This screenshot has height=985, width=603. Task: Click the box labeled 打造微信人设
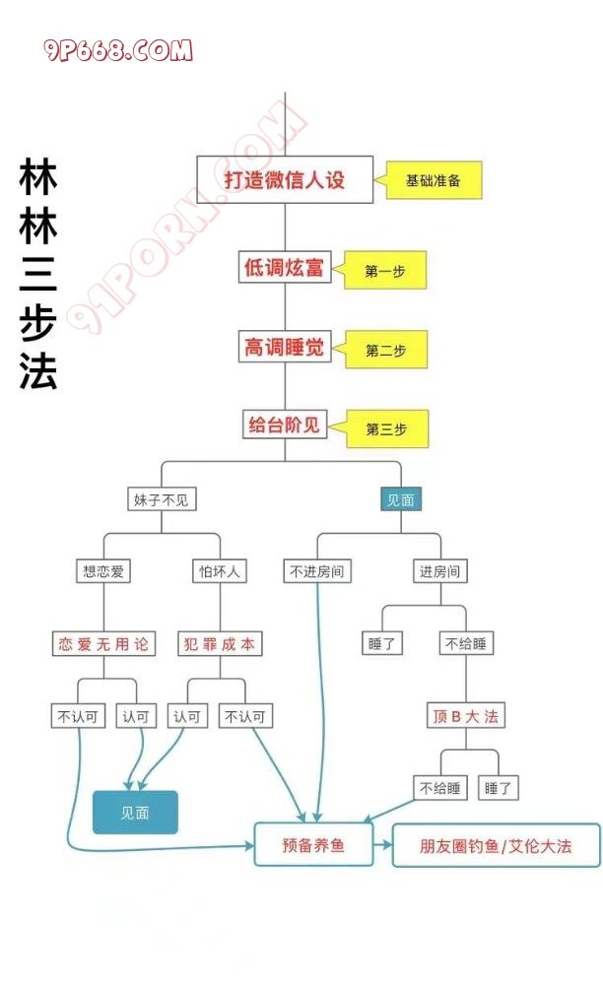click(285, 180)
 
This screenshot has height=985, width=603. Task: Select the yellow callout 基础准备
click(435, 181)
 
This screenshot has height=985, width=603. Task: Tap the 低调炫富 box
click(285, 267)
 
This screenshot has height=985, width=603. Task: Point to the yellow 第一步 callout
click(386, 271)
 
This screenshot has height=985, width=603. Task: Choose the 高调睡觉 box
click(285, 347)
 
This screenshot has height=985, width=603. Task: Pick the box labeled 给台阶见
click(285, 426)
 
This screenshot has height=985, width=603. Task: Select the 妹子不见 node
click(163, 499)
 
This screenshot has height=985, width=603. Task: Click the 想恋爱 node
click(104, 570)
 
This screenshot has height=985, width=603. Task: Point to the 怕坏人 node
click(219, 570)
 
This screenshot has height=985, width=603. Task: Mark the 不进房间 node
click(316, 570)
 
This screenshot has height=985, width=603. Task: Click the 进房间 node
click(439, 570)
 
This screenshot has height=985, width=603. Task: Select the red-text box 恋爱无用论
click(104, 644)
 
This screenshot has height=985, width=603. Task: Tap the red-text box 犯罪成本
click(219, 644)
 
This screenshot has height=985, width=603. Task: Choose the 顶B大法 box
click(466, 716)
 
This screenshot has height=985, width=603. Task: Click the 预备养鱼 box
click(313, 845)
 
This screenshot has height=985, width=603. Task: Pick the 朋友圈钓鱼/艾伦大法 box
click(496, 845)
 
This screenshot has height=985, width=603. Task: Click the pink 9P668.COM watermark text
click(118, 51)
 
